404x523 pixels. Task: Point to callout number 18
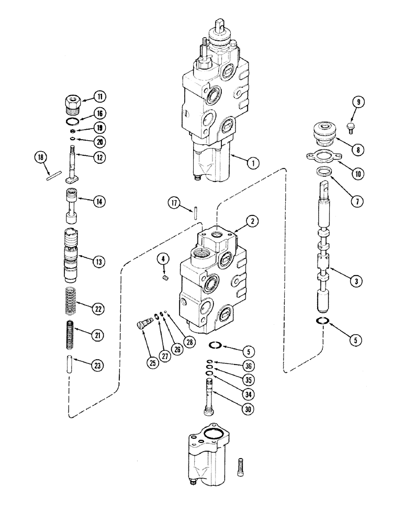pos(39,157)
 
